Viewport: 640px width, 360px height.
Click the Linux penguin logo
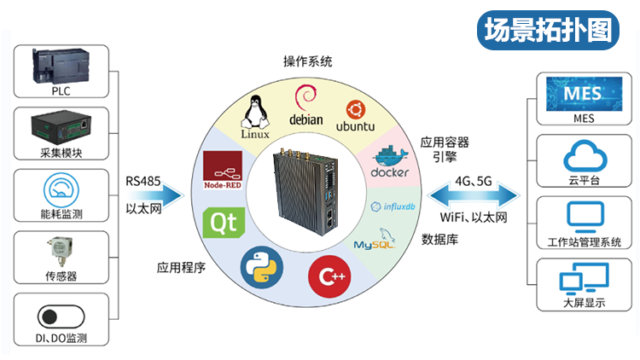[255, 116]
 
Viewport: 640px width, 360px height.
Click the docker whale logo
[390, 161]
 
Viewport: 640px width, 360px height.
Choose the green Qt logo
[224, 224]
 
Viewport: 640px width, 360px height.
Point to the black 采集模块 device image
[61, 128]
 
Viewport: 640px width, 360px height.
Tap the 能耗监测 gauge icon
[61, 189]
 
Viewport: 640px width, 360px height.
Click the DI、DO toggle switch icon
[61, 316]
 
